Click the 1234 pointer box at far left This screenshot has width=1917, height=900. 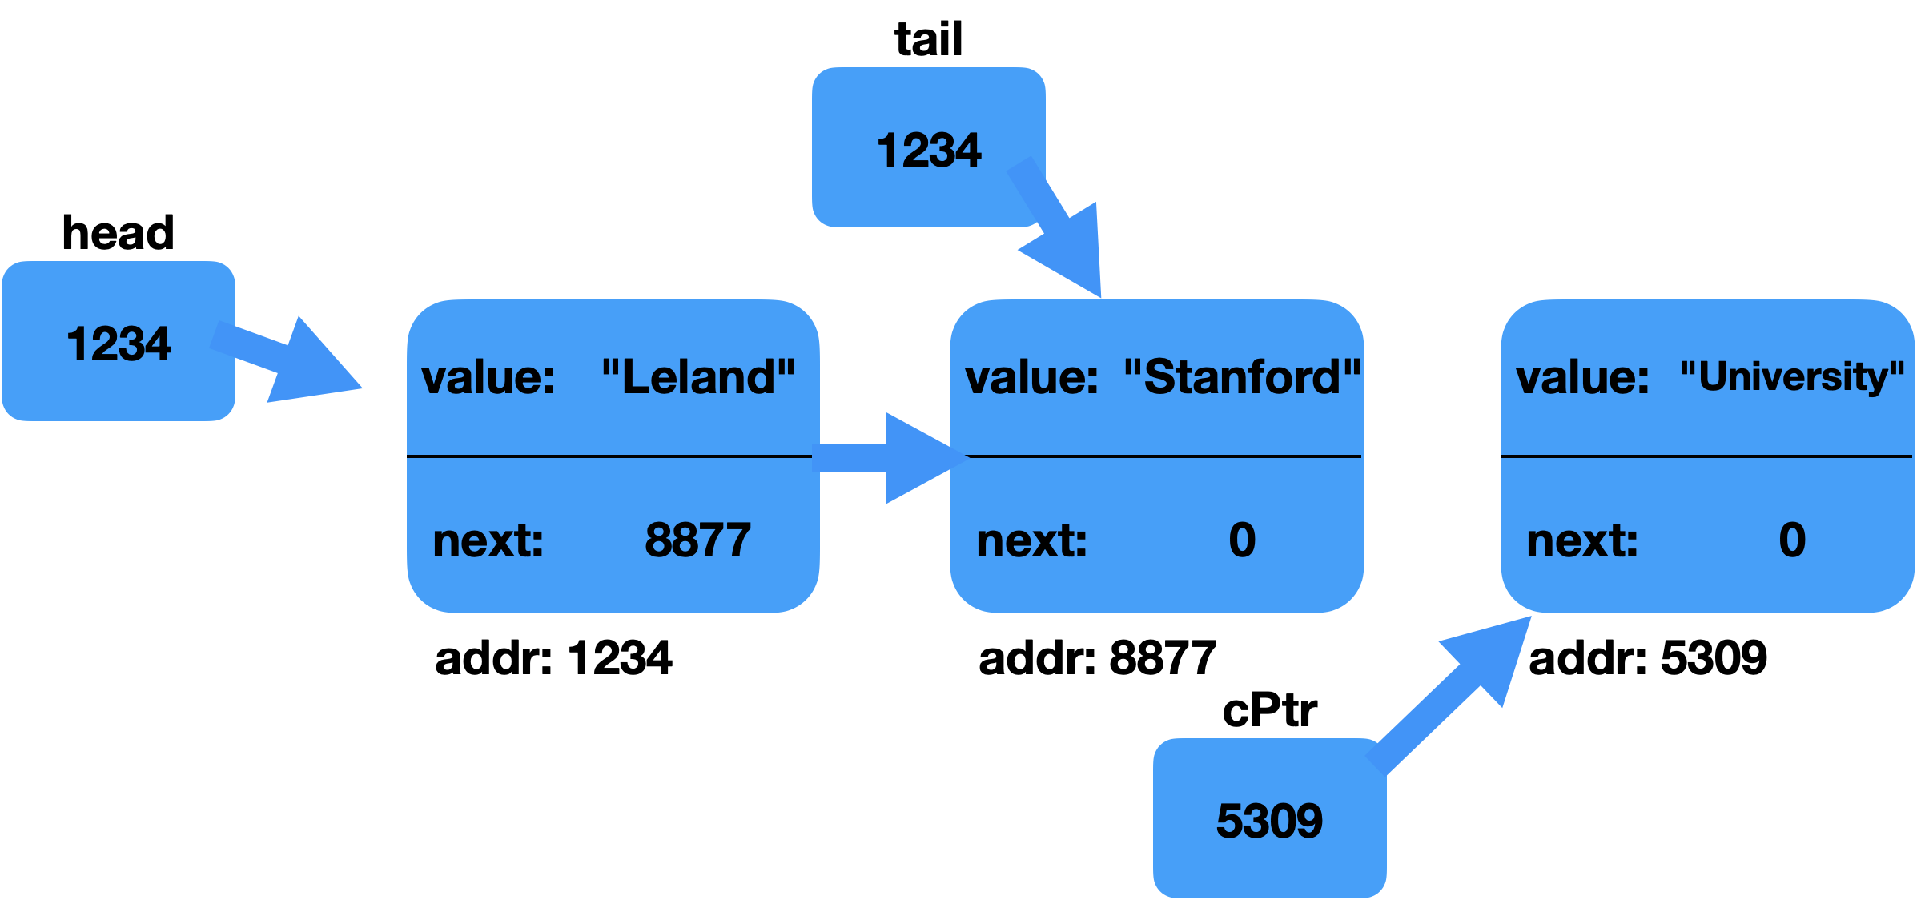(x=118, y=342)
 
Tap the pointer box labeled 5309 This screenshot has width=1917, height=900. (x=1268, y=819)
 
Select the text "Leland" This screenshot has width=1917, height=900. (x=698, y=376)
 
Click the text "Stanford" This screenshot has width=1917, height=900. (x=1242, y=376)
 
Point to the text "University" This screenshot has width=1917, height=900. (x=1792, y=376)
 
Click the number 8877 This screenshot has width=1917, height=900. (x=697, y=540)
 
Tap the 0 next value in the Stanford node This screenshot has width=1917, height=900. (x=1242, y=540)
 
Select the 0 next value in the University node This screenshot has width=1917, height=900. (x=1792, y=540)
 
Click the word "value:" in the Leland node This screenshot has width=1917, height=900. (x=488, y=376)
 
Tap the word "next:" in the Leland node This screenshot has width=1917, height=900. (x=488, y=540)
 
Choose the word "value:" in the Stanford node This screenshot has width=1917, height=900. (x=1031, y=376)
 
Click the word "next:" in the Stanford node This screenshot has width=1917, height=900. (x=1031, y=540)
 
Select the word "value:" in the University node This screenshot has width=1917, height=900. (x=1582, y=376)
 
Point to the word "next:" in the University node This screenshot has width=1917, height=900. (x=1582, y=540)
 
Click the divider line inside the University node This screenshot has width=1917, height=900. (x=1706, y=456)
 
